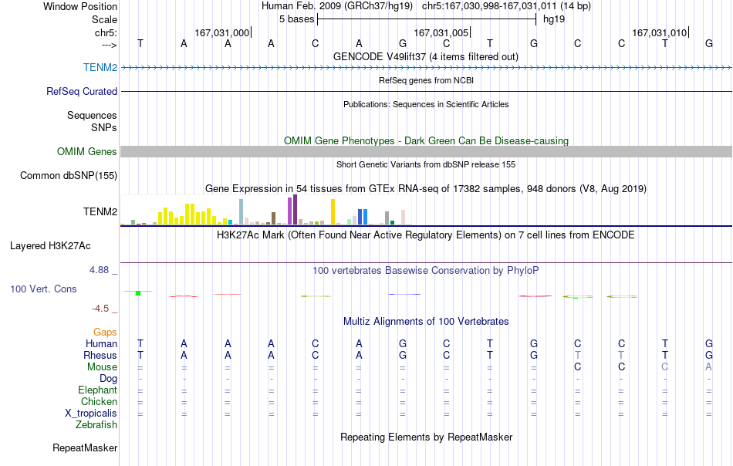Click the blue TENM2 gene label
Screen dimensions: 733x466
(x=100, y=67)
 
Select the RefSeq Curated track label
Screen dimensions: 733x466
(x=81, y=91)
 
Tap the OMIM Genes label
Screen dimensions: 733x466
(x=86, y=151)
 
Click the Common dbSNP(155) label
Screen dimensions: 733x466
(x=69, y=176)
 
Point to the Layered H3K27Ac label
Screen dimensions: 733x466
(x=50, y=246)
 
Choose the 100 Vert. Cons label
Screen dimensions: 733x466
(x=43, y=289)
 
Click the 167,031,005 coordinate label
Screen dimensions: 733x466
(x=441, y=32)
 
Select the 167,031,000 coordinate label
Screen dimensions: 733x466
(x=221, y=32)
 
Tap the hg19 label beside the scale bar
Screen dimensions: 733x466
(x=554, y=19)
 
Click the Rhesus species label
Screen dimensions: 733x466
(x=100, y=355)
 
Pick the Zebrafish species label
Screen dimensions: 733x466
(x=96, y=425)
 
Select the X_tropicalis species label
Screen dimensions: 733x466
(x=91, y=414)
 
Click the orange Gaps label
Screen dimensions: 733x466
(x=105, y=333)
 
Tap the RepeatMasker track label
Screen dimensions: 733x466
(x=85, y=447)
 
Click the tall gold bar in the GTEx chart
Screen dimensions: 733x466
(x=333, y=211)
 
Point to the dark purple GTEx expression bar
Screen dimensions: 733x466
(x=295, y=210)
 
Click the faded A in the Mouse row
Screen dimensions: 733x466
(x=708, y=367)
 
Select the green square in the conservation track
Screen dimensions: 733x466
(x=138, y=293)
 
